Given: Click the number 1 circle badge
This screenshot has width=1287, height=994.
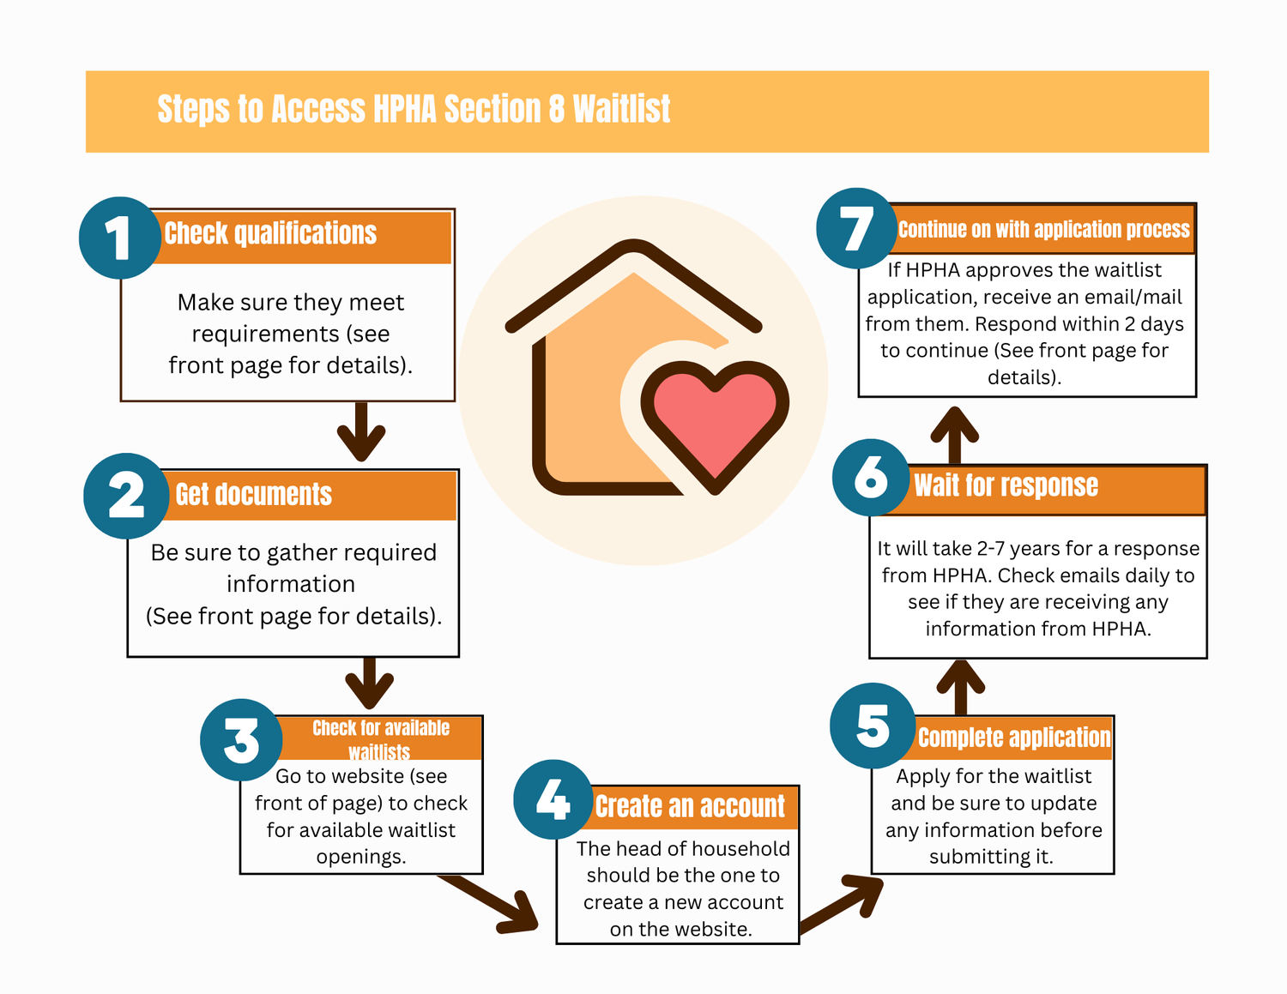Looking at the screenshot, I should tap(119, 238).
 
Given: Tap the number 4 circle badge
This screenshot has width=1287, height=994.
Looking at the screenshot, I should tap(553, 800).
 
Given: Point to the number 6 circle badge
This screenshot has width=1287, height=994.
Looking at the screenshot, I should tap(871, 477).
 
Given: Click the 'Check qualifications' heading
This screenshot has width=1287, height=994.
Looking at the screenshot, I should tap(270, 233).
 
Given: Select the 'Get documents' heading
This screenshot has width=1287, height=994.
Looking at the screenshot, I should tap(253, 495).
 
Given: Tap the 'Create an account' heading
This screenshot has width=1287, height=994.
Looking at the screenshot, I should tap(690, 807).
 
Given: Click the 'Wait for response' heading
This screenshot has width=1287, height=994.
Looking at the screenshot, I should tap(1006, 485).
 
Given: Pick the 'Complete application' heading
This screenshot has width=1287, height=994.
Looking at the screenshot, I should tap(1013, 738).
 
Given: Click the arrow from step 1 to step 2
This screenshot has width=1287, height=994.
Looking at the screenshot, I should tap(361, 431).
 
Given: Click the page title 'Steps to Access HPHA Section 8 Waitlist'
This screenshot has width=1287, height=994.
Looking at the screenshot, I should tap(414, 110).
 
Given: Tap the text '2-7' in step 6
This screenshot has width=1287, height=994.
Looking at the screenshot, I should tap(991, 549).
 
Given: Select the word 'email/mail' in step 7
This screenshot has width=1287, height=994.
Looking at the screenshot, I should tap(1139, 297).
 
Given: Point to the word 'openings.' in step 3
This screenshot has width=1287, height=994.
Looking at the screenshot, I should tap(361, 857).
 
